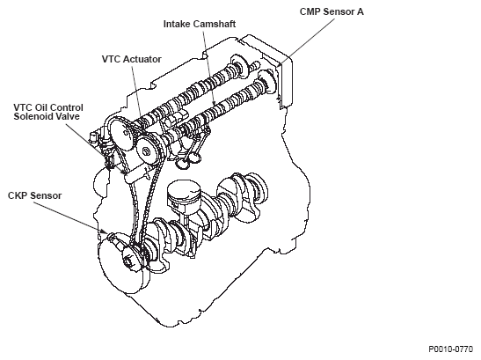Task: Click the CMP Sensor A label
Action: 332,11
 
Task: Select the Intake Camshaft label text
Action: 200,24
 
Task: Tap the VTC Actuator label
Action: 132,59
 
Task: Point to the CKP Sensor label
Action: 34,195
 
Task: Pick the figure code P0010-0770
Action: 450,349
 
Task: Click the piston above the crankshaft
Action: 184,197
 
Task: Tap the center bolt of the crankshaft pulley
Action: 128,262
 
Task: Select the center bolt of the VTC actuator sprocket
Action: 146,151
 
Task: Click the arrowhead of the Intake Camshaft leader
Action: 214,104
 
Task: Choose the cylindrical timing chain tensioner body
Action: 135,173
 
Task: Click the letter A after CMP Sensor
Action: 361,11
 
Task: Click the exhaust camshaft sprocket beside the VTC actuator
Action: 120,135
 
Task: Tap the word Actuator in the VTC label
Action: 142,59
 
